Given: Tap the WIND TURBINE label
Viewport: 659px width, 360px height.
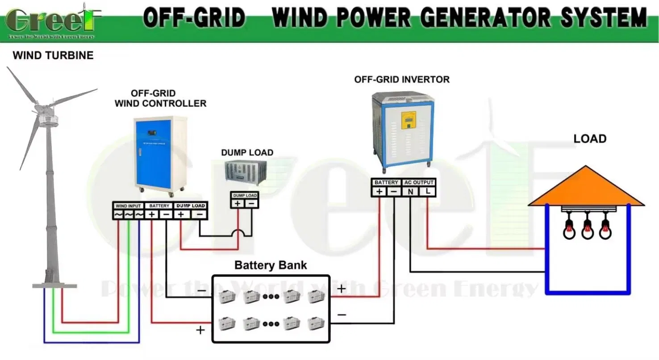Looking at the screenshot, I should [x=53, y=55].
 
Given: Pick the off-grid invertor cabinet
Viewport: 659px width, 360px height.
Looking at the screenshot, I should [x=403, y=130].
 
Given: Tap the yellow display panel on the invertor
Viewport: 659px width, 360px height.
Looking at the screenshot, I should [x=409, y=120].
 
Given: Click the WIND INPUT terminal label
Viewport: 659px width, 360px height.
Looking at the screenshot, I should [x=128, y=206].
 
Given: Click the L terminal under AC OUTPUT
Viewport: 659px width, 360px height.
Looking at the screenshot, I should [x=428, y=192].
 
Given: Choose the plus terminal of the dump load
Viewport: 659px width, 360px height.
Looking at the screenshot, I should [x=238, y=204].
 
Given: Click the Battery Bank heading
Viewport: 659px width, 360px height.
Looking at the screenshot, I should [x=271, y=265].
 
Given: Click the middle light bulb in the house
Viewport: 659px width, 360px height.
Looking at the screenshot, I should [x=588, y=229].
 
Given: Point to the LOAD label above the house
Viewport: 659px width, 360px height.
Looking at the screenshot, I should [x=590, y=139].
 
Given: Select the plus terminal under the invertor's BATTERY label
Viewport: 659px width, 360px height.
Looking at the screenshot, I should [x=380, y=192].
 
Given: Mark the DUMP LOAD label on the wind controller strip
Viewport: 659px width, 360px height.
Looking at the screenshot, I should [x=191, y=206].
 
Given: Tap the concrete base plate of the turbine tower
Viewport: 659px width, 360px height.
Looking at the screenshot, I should [x=54, y=285].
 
